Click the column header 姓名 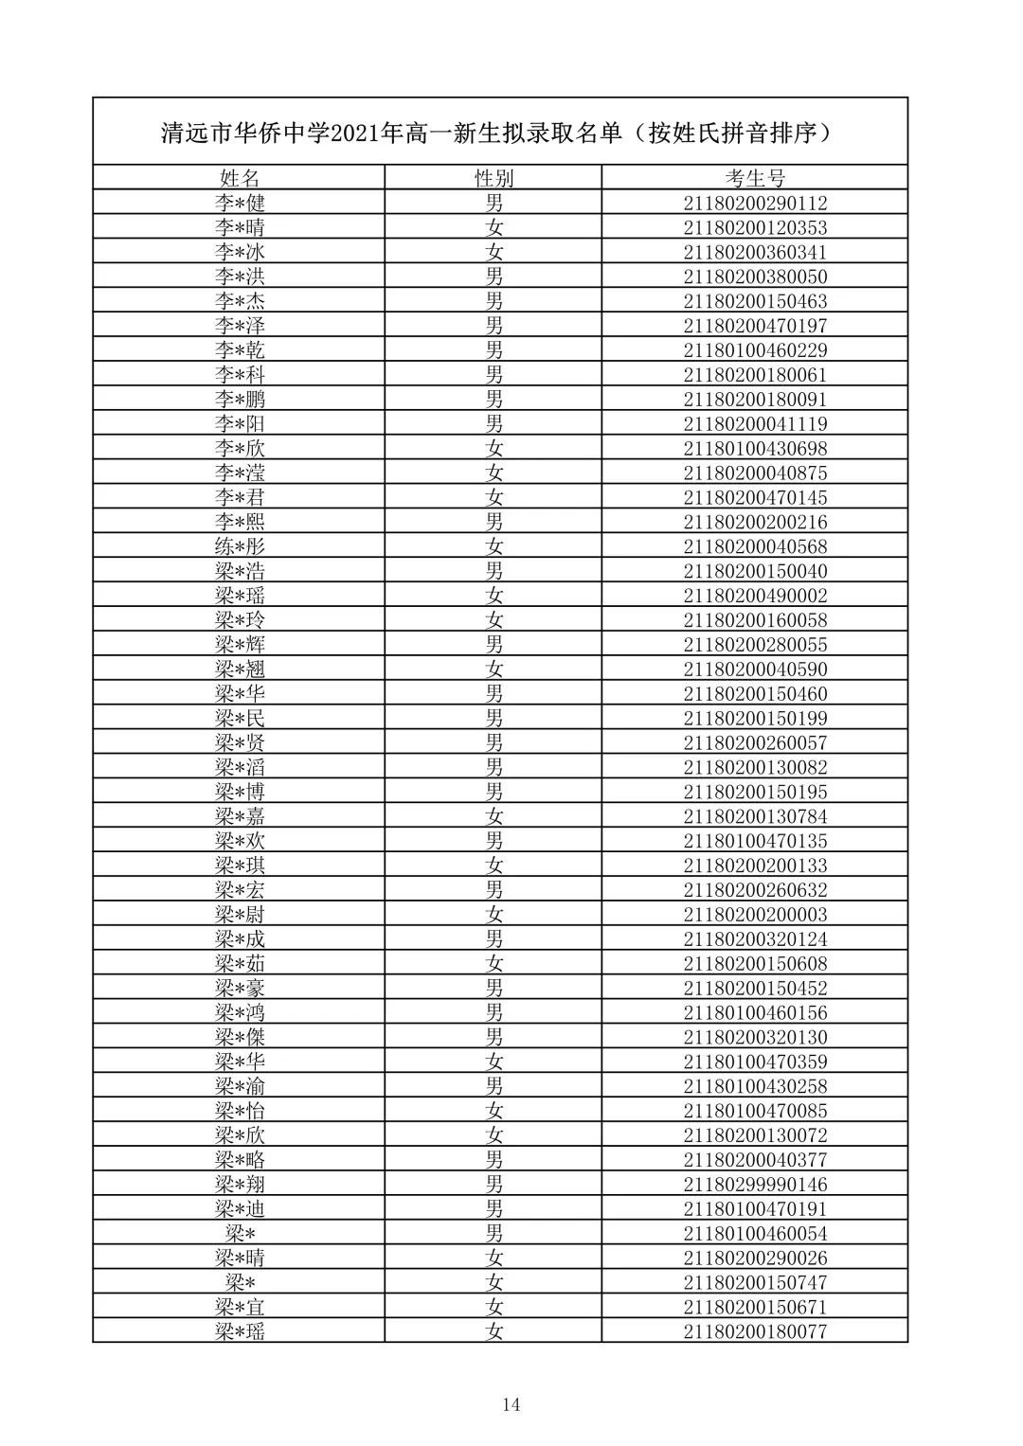tap(239, 178)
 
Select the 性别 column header tap(494, 178)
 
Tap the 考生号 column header tap(755, 178)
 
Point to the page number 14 tap(511, 1404)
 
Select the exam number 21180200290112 tap(755, 203)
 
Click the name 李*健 tap(239, 203)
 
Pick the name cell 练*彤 tap(239, 546)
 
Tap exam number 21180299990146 tap(755, 1185)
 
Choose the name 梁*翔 tap(239, 1185)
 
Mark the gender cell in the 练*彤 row tap(494, 546)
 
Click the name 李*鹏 tap(239, 399)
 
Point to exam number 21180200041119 tap(755, 423)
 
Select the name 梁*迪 tap(239, 1209)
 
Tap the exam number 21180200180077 tap(755, 1331)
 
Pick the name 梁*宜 tap(239, 1307)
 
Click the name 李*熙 tap(239, 522)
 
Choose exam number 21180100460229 tap(755, 350)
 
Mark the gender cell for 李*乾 tap(494, 350)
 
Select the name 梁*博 tap(239, 792)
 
